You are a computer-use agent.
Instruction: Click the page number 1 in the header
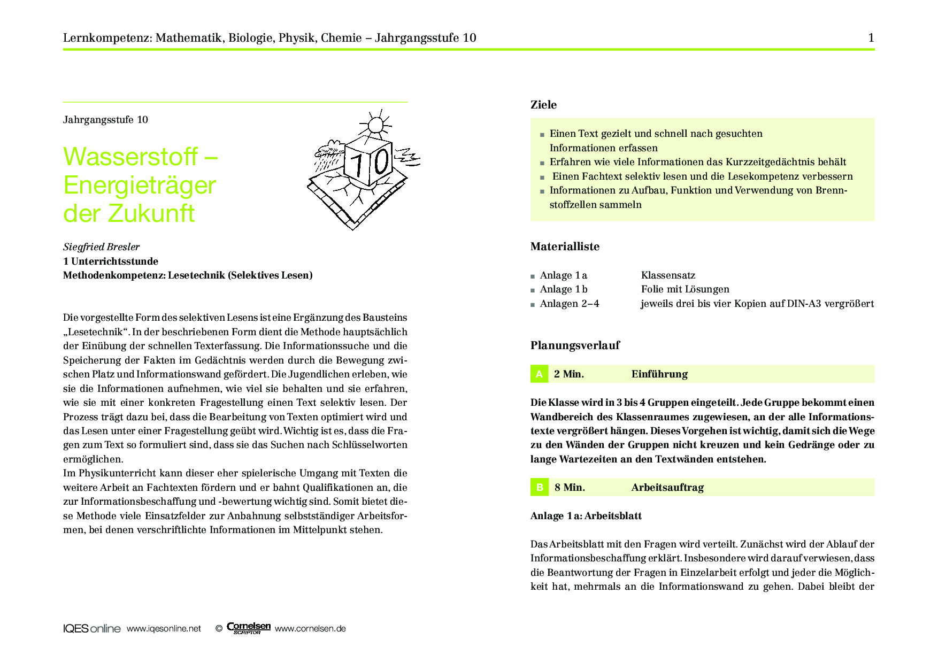[x=871, y=37]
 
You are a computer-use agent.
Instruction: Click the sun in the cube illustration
[x=375, y=125]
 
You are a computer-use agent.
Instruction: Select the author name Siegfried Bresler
[x=101, y=247]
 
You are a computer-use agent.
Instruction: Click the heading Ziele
[x=543, y=105]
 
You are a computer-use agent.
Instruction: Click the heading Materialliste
[x=565, y=246]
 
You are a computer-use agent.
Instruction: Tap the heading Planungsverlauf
[x=575, y=345]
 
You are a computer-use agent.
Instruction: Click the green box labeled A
[x=539, y=374]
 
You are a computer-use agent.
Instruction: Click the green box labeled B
[x=539, y=487]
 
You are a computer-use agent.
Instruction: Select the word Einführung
[x=659, y=374]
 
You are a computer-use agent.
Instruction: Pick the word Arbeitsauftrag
[x=667, y=487]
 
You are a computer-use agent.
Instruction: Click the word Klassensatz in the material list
[x=668, y=275]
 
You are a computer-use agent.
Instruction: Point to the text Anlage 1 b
[x=564, y=289]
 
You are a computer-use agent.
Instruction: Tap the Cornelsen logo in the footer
[x=249, y=628]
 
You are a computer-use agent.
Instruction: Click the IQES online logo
[x=91, y=629]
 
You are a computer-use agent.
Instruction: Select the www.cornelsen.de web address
[x=310, y=629]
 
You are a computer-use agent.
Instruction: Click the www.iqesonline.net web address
[x=164, y=629]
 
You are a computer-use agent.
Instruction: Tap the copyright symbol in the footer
[x=219, y=629]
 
